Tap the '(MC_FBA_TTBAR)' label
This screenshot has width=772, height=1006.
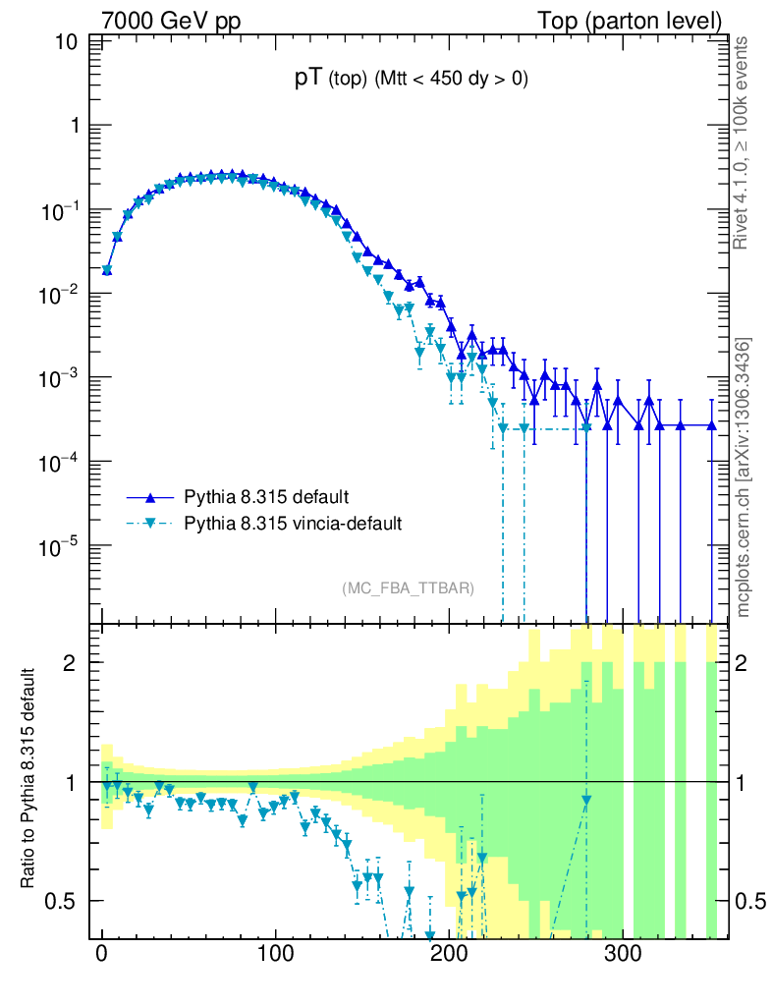[x=409, y=588]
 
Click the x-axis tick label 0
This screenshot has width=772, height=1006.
[x=101, y=954]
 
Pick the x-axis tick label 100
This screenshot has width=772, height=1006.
[x=275, y=954]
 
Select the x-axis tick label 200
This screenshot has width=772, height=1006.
[x=449, y=954]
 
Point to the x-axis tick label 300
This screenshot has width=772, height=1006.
[x=622, y=954]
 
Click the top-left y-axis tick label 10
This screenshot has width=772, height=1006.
[x=68, y=43]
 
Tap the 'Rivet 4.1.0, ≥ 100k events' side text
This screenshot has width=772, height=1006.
[x=743, y=142]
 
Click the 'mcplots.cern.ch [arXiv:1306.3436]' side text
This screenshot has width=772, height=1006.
[x=743, y=477]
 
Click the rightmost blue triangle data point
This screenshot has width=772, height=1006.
[x=713, y=425]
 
